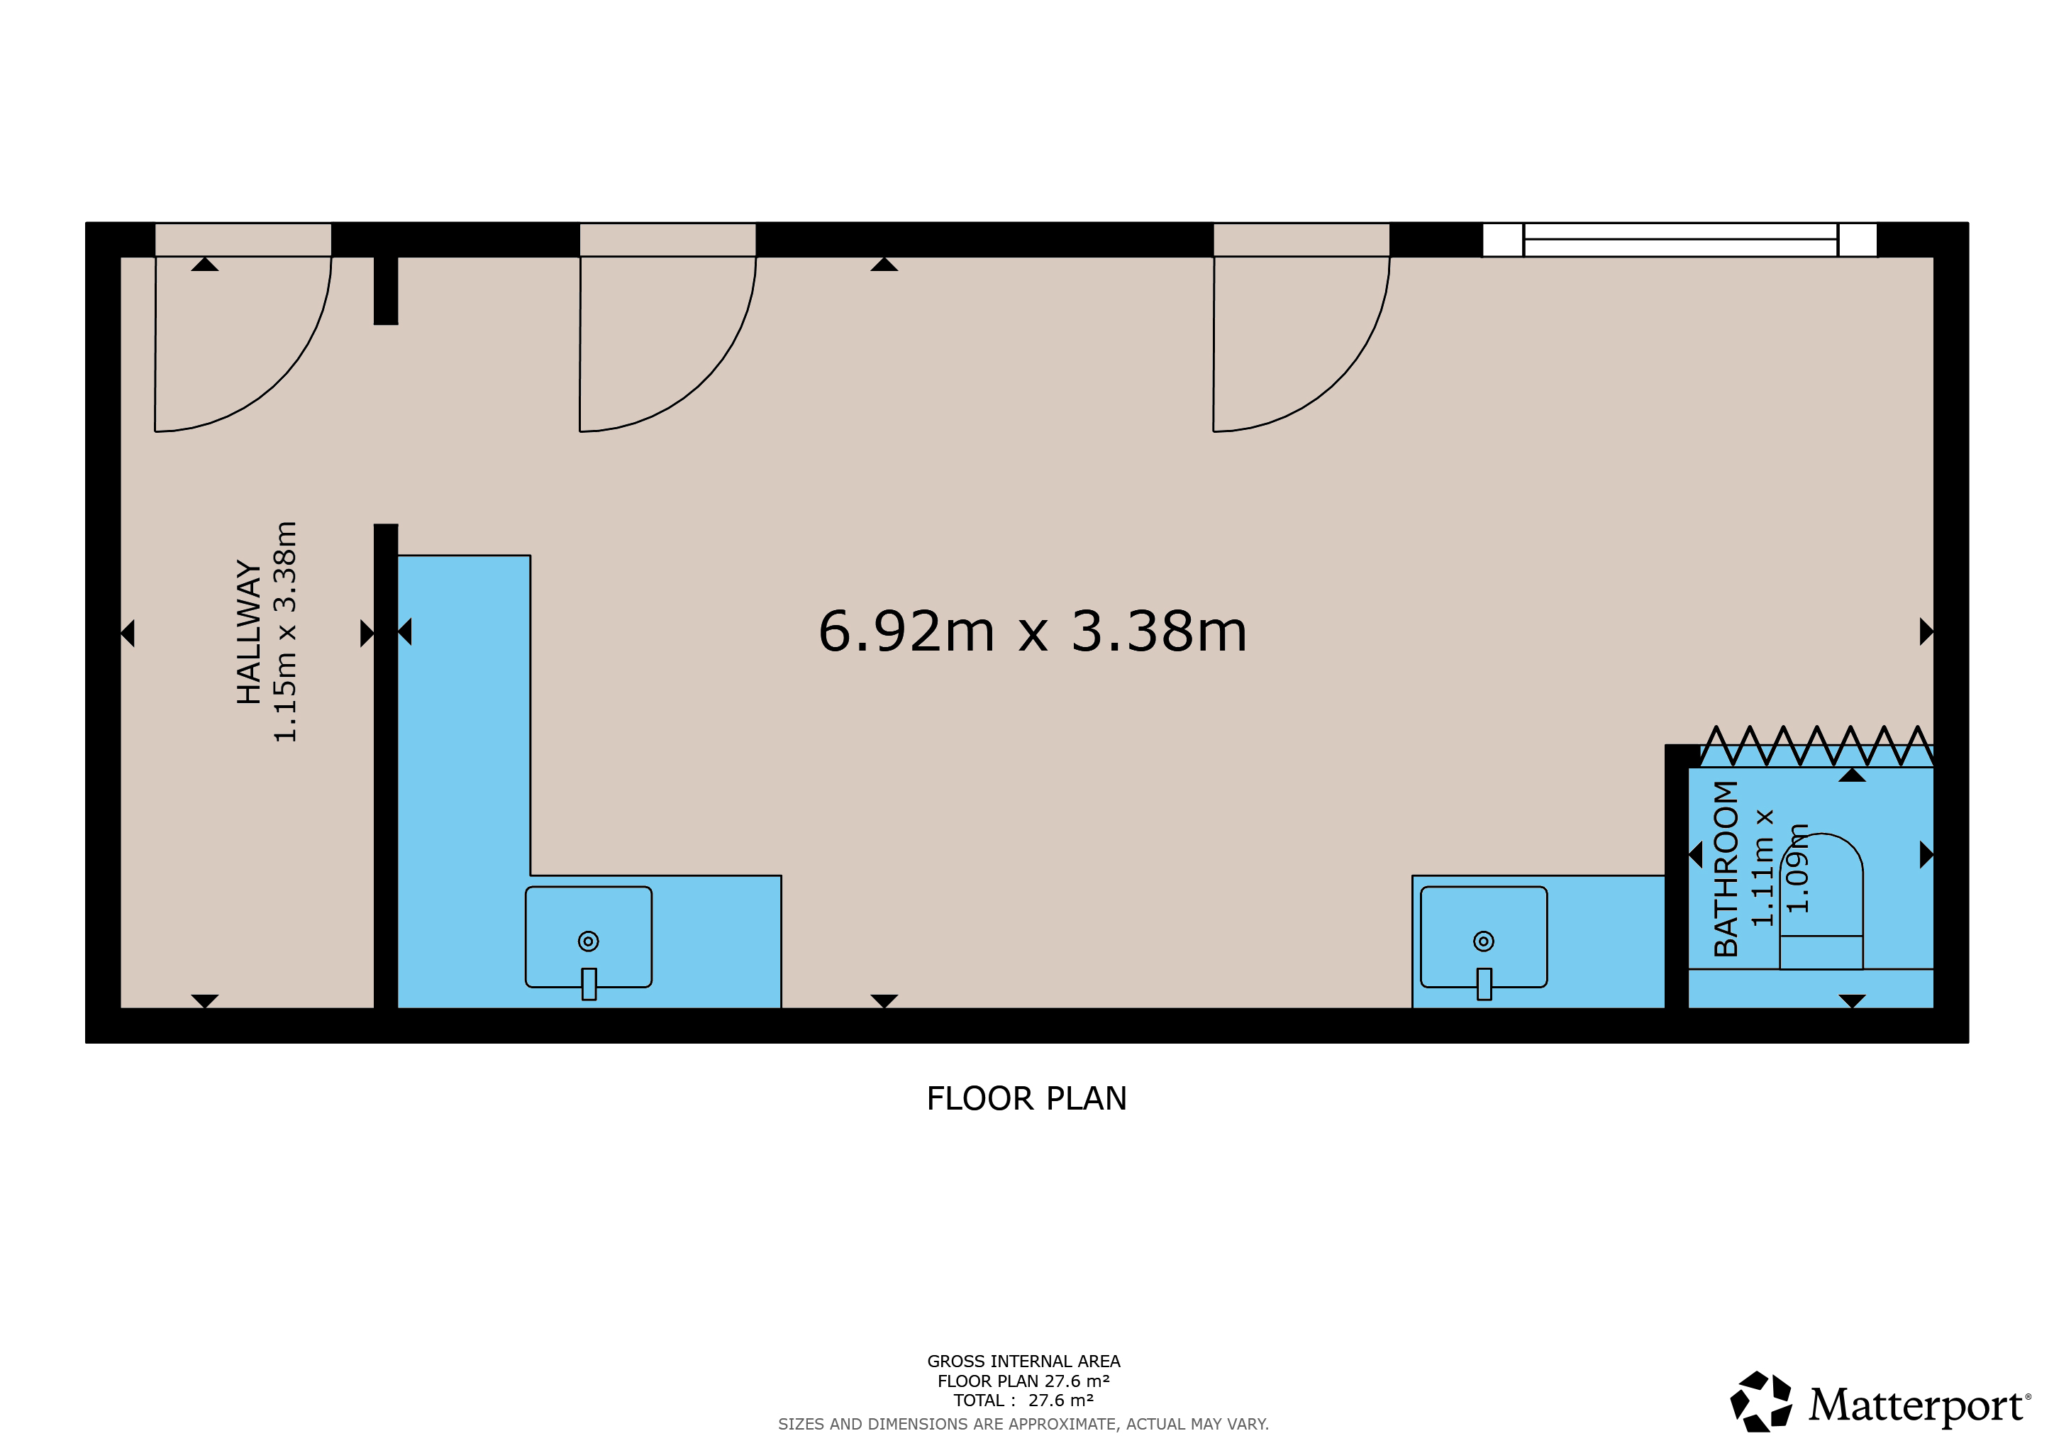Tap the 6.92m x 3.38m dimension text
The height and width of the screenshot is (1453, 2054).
point(1033,631)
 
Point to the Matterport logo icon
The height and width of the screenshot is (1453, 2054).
point(1760,1401)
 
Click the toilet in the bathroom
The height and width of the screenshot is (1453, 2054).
point(1821,900)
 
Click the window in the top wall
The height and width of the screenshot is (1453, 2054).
point(1680,240)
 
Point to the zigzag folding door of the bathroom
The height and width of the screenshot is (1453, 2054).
point(1816,746)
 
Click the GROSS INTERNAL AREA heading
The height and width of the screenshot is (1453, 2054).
point(1023,1361)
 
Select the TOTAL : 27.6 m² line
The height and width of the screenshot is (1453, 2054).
point(1023,1400)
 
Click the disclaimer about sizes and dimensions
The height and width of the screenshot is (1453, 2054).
point(1023,1423)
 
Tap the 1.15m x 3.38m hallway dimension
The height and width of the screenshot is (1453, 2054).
point(284,631)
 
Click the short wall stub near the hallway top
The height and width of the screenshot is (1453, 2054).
point(386,291)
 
